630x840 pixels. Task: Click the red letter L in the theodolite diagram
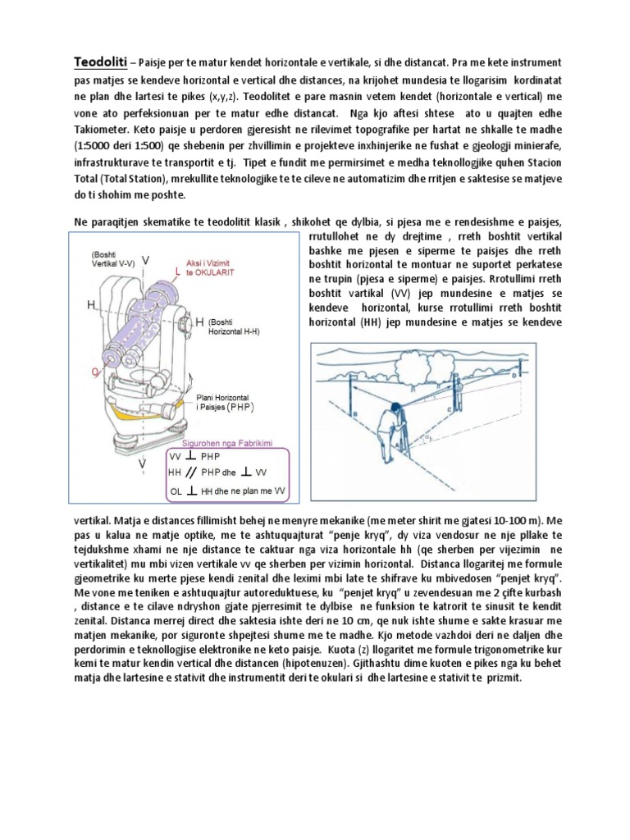(x=179, y=270)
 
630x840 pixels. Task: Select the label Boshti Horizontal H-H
(x=239, y=328)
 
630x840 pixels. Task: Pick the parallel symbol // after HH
(x=190, y=473)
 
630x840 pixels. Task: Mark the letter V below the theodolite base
(x=143, y=464)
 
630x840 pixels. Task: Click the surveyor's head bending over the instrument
(x=395, y=408)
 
